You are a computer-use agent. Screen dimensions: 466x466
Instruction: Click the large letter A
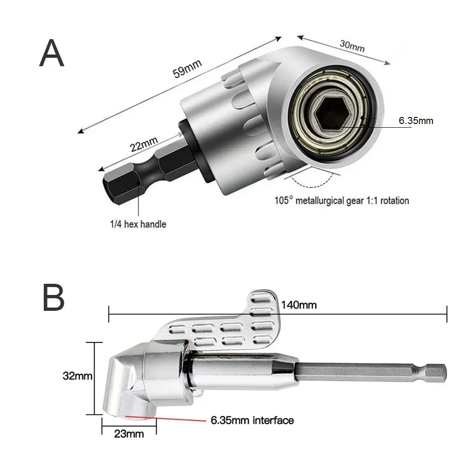[52, 54]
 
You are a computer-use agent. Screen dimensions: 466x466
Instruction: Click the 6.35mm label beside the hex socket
[416, 121]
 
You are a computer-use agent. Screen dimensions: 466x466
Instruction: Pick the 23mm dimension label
[129, 435]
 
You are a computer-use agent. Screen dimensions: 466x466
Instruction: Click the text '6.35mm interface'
[252, 421]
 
